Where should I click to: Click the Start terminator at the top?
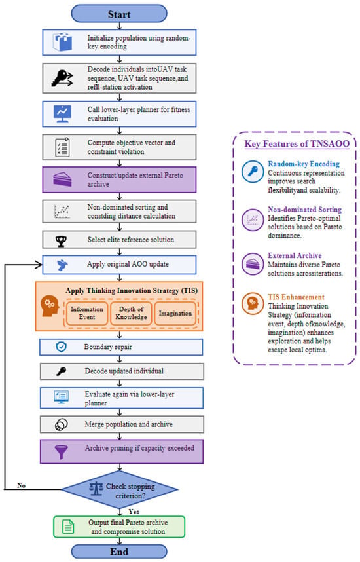(119, 14)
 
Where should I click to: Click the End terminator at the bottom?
(119, 552)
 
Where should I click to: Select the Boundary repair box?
(121, 347)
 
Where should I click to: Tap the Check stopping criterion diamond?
(120, 489)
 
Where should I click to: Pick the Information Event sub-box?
(87, 313)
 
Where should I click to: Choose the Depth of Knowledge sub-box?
(131, 313)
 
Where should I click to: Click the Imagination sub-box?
(175, 313)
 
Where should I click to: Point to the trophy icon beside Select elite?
(62, 241)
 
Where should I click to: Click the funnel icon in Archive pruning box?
(62, 451)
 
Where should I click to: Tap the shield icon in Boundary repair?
(62, 347)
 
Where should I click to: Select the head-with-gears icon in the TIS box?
(50, 307)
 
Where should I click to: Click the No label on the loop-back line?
(21, 485)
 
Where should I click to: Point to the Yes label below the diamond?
(134, 512)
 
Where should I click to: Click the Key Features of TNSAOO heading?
(297, 143)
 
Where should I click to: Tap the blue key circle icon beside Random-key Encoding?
(253, 172)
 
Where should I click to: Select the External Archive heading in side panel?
(295, 255)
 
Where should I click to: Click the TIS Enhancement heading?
(296, 297)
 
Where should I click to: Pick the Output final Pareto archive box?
(119, 527)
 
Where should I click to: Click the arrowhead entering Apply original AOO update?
(39, 265)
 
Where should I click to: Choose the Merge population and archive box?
(122, 424)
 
